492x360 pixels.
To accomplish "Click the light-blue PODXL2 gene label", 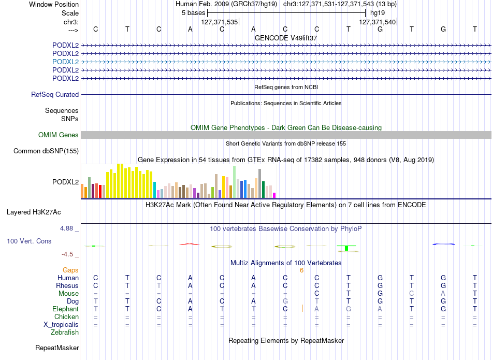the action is [65, 62].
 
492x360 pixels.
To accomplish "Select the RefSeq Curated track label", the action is [55, 94].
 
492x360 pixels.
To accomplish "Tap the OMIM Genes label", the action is [59, 135].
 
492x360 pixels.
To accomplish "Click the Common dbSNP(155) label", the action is [46, 151].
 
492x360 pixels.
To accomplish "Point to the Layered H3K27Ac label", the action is [34, 212].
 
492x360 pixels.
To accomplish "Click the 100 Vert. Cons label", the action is [29, 241].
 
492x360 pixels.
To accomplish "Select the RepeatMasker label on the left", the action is [57, 348].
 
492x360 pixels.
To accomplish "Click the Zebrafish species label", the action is [65, 332].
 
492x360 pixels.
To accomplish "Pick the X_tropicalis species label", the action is [61, 325].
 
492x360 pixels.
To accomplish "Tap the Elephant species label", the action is [65, 309].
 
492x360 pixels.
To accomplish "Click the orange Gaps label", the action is [70, 270].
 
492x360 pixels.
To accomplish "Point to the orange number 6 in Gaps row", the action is [301, 270].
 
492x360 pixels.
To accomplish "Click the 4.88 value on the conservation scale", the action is [66, 228].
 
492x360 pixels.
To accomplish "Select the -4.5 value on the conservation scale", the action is [67, 254].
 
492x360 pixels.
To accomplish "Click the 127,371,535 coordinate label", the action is [220, 22].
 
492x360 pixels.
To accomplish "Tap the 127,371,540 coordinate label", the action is [377, 22].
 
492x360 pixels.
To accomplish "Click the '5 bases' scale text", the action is [193, 13].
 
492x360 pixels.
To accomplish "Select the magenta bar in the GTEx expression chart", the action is [274, 195].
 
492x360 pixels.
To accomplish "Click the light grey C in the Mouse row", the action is [412, 294].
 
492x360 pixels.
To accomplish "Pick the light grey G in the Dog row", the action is [285, 301].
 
